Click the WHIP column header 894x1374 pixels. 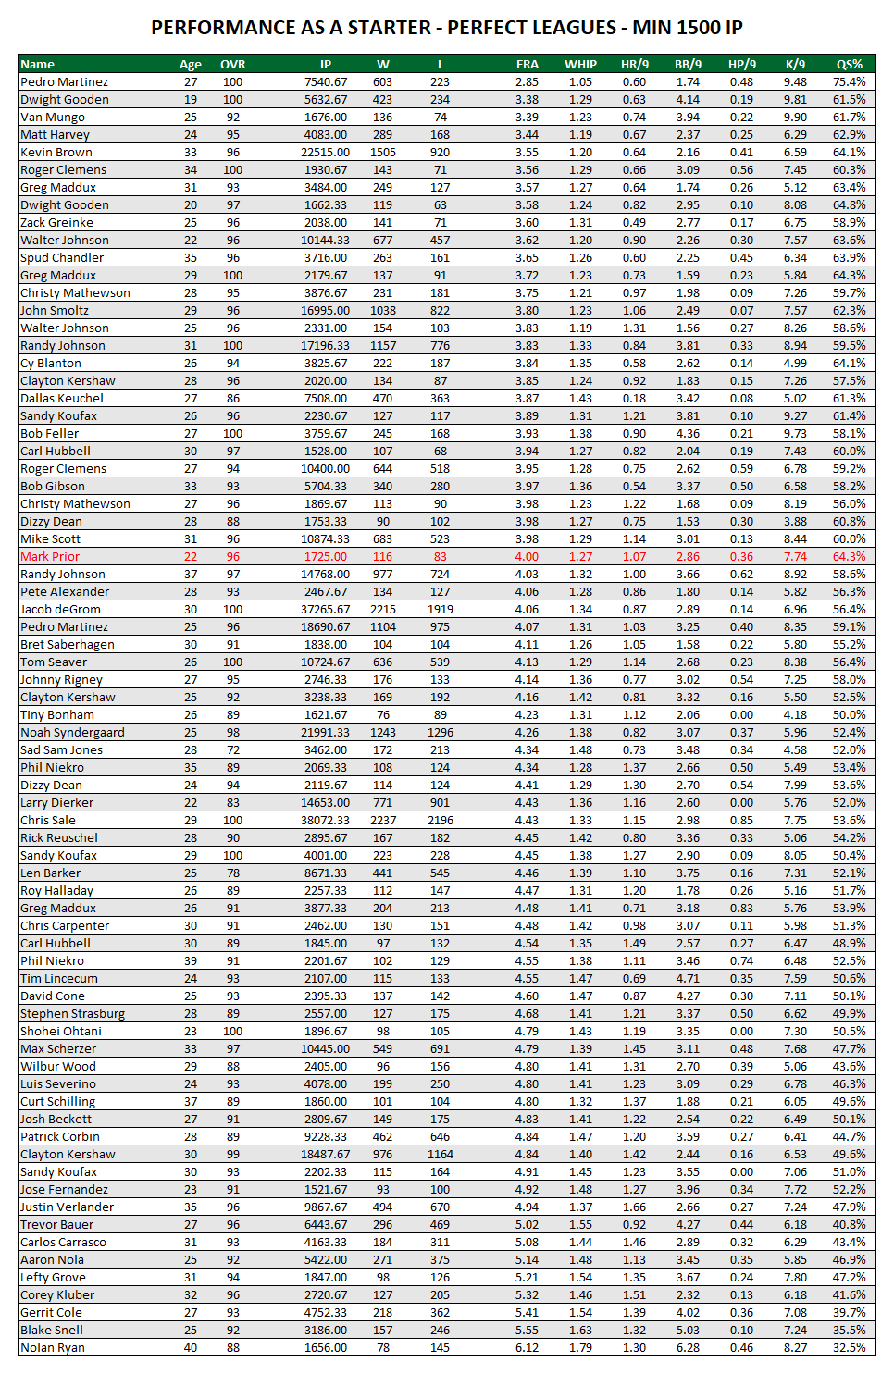point(580,65)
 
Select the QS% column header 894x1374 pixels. point(849,65)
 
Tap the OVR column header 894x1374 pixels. point(232,65)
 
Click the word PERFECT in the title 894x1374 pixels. point(489,28)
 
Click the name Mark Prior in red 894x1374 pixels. point(50,557)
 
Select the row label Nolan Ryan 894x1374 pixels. point(53,1348)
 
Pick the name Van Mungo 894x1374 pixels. point(53,118)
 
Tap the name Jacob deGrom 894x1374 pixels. point(60,610)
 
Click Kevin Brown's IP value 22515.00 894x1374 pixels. point(325,153)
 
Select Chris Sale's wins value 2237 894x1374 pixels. point(382,821)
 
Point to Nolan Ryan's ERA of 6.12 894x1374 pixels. point(527,1348)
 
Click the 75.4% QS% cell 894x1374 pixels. point(849,82)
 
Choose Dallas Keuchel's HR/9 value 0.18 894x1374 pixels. point(634,399)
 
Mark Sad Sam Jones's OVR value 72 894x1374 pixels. point(232,750)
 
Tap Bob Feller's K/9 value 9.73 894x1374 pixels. point(795,434)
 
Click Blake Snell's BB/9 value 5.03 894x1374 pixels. point(688,1331)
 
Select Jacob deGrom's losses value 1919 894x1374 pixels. point(440,610)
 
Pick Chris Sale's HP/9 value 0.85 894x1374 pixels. point(741,821)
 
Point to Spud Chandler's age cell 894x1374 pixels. point(191,258)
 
